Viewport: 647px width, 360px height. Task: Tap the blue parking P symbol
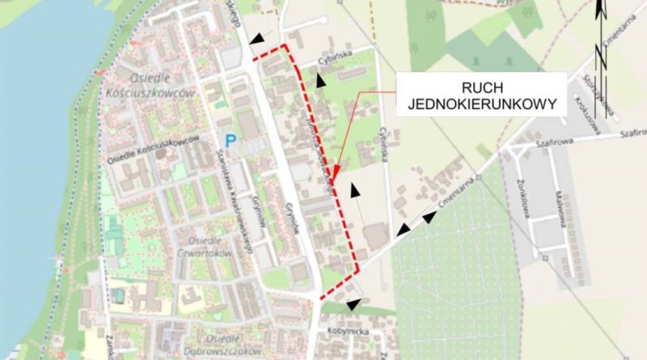(x=230, y=141)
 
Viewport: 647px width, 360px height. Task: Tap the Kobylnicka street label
(x=349, y=332)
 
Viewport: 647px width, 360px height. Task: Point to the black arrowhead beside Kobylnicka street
(x=352, y=304)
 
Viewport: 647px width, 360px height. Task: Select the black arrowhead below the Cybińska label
(x=321, y=79)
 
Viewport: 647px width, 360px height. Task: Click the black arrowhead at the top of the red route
(x=257, y=38)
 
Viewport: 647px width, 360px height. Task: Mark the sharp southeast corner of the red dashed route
(x=358, y=273)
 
